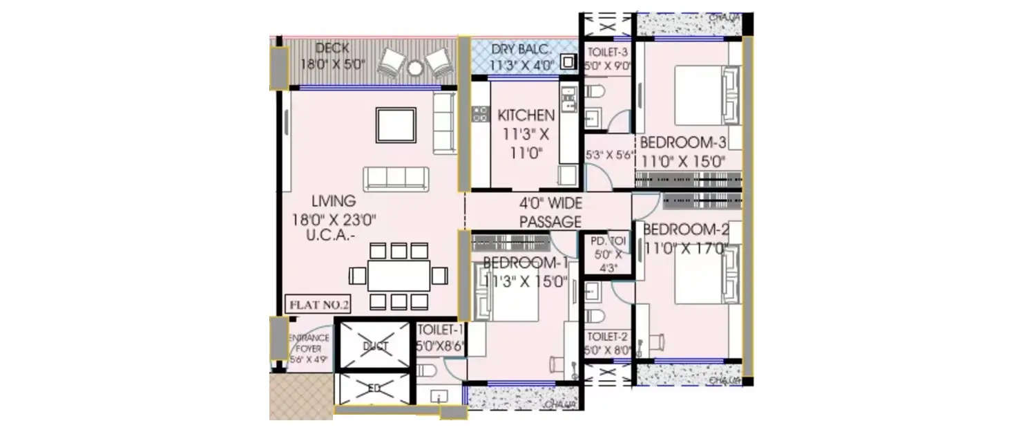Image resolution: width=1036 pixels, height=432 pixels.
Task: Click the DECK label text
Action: click(332, 49)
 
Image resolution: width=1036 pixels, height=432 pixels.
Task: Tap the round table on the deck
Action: click(414, 67)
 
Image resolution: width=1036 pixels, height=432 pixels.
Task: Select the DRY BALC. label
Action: click(521, 50)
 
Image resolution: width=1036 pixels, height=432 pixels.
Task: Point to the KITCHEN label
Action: click(526, 115)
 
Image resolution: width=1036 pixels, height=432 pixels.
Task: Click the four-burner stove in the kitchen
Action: click(479, 114)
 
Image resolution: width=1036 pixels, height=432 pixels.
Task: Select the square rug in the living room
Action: click(396, 125)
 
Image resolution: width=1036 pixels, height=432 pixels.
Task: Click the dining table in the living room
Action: click(399, 275)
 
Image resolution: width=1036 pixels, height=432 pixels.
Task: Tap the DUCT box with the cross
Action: click(375, 346)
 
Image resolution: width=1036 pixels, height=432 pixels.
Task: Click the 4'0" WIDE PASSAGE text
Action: click(550, 212)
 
